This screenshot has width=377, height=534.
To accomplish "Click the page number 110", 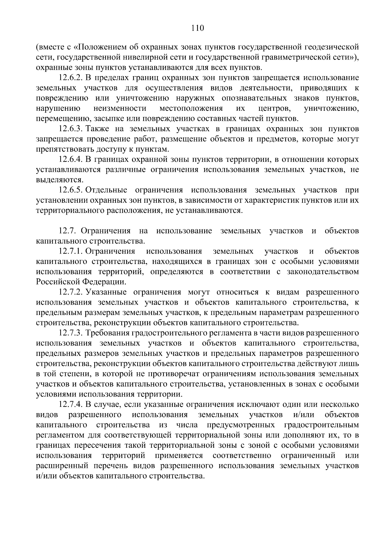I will [198, 29].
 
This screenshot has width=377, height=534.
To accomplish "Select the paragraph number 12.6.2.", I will [71, 78].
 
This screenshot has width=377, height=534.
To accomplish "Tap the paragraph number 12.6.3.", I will [71, 129].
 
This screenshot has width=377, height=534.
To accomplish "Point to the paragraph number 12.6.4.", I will [71, 160].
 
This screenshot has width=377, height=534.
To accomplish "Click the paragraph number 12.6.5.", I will [71, 190].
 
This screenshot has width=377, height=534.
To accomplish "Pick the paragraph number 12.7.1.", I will [71, 251].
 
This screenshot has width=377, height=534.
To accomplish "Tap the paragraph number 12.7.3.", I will [71, 333].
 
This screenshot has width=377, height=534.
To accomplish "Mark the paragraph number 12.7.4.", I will [71, 405].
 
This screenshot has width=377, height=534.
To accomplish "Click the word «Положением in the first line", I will [98, 47].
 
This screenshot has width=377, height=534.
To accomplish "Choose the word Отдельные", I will [106, 190].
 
